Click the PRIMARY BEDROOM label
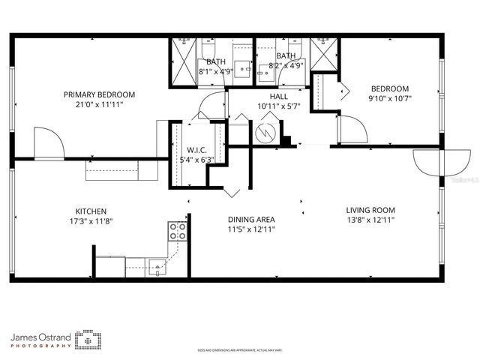click(99, 94)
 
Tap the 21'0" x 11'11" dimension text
click(99, 104)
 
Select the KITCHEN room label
click(90, 211)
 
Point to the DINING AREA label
click(251, 220)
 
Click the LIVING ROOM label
click(370, 210)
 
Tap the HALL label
click(278, 96)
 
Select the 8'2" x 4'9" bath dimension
click(286, 66)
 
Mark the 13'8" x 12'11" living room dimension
click(370, 220)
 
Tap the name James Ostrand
click(41, 337)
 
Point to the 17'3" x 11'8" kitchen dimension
click(90, 220)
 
